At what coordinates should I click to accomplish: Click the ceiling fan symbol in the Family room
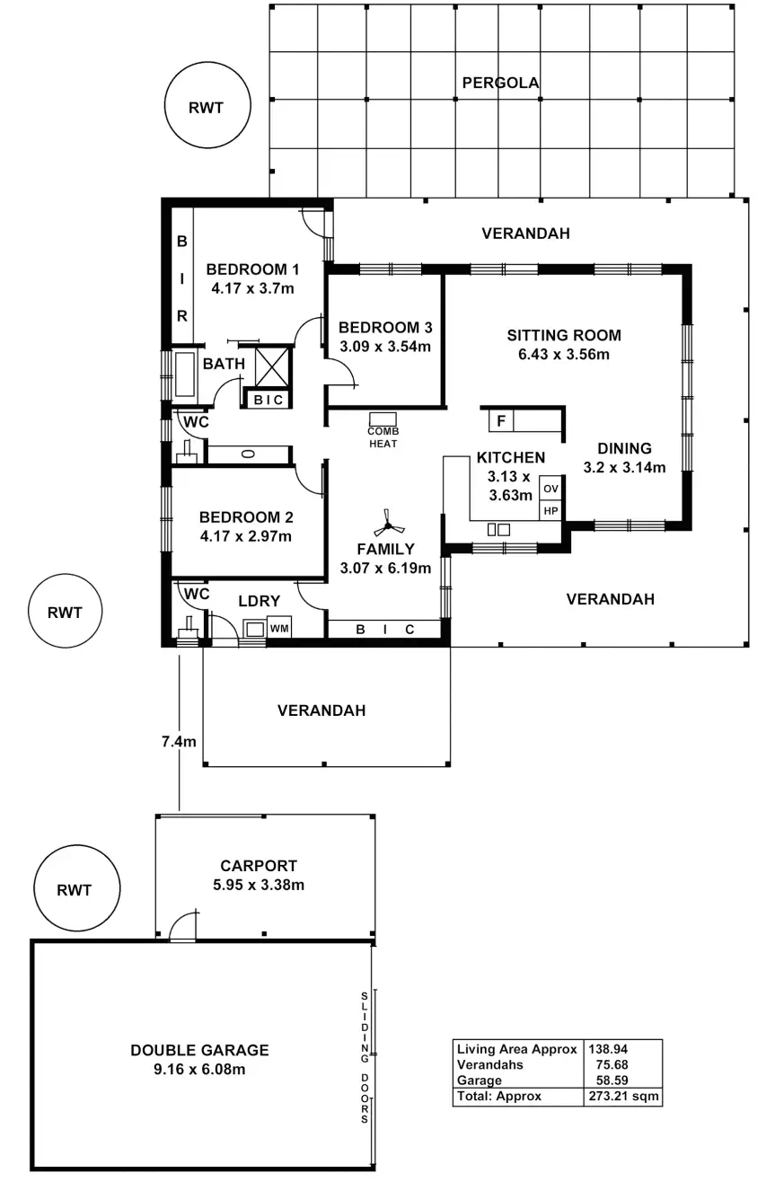(x=387, y=521)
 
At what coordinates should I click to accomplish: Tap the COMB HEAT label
(x=383, y=437)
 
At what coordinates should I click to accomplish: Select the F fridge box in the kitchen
(x=501, y=419)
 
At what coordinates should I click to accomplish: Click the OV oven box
(x=550, y=490)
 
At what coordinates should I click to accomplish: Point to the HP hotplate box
(x=550, y=510)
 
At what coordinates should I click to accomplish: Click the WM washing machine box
(x=279, y=628)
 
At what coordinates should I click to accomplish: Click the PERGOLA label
(x=500, y=84)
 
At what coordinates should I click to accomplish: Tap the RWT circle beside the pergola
(x=206, y=108)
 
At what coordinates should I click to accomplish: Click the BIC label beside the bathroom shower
(x=268, y=400)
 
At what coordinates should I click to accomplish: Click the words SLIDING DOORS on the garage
(x=365, y=1058)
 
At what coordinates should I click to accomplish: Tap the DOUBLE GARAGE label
(x=199, y=1049)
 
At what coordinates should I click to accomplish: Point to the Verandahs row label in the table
(x=490, y=1064)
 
